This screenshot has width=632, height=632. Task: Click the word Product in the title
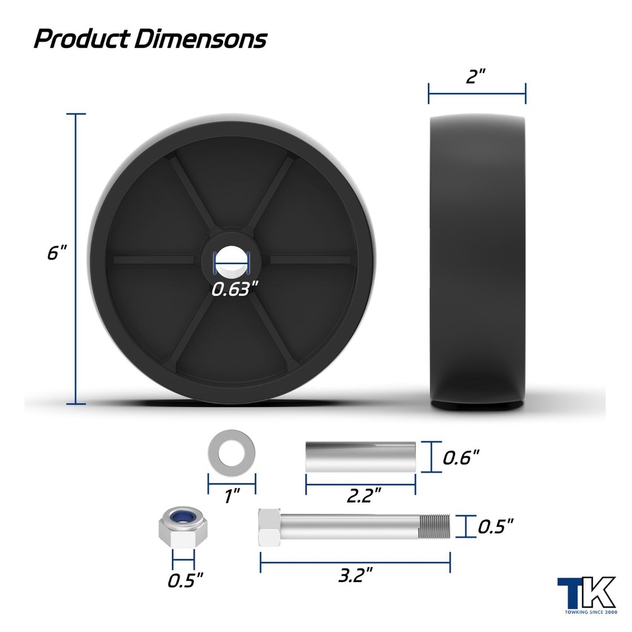pos(83,39)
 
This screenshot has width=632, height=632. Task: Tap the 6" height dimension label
pos(56,253)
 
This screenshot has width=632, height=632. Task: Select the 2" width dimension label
pos(476,76)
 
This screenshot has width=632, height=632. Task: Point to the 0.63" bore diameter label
pos(234,289)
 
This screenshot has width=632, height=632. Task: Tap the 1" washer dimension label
pos(233,495)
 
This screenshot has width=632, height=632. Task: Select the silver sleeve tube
pos(360,457)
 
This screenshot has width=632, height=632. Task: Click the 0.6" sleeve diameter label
pos(461,458)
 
